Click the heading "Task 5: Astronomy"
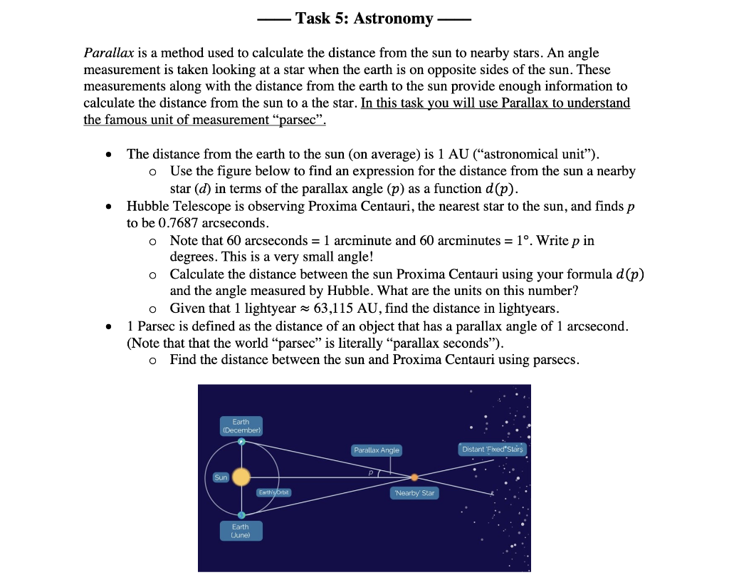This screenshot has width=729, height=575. tap(364, 19)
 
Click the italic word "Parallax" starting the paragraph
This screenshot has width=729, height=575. tap(105, 53)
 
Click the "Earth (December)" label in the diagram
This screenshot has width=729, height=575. tap(241, 426)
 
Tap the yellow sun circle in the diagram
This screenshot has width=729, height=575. tap(241, 477)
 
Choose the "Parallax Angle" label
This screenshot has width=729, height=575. tap(377, 450)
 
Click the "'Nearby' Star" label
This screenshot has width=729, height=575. tap(414, 493)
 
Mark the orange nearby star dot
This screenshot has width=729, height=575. tap(414, 477)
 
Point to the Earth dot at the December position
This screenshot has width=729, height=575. tap(241, 442)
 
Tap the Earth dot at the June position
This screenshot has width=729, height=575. tap(241, 514)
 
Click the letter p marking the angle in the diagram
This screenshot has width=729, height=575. tap(371, 471)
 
